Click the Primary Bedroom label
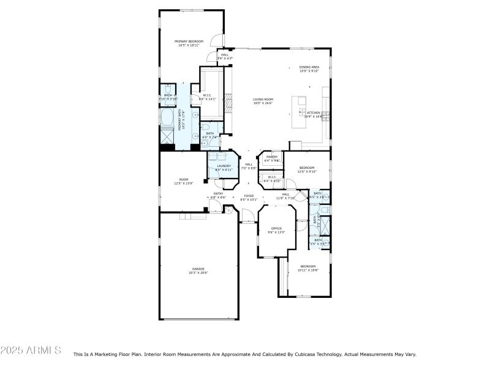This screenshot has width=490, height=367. tap(189, 41)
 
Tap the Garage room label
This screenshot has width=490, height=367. tap(198, 269)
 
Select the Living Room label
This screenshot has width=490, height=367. tap(263, 99)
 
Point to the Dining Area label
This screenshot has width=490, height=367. tap(309, 67)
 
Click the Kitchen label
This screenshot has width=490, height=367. tap(314, 113)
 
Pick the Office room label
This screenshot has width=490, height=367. tap(276, 228)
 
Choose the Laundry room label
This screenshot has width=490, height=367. tap(224, 166)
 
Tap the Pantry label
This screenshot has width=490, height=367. tap(271, 157)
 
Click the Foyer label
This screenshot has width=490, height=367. tap(249, 196)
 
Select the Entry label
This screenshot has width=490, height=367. tap(218, 194)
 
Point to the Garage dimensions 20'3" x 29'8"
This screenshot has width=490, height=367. tap(198, 272)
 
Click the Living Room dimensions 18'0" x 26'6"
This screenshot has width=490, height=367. tap(263, 103)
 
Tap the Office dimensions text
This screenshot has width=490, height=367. tap(276, 232)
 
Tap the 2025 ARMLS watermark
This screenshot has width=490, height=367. tap(31, 350)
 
